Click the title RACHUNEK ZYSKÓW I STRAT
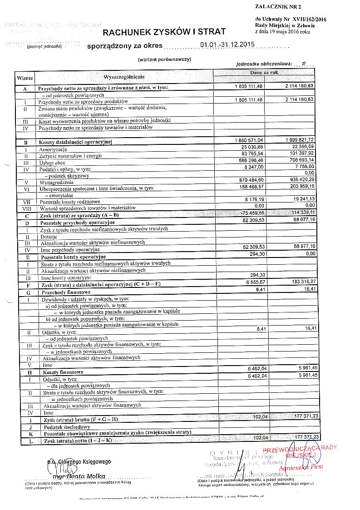(164, 32)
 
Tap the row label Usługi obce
(52, 162)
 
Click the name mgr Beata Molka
(79, 476)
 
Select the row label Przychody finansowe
(65, 292)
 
